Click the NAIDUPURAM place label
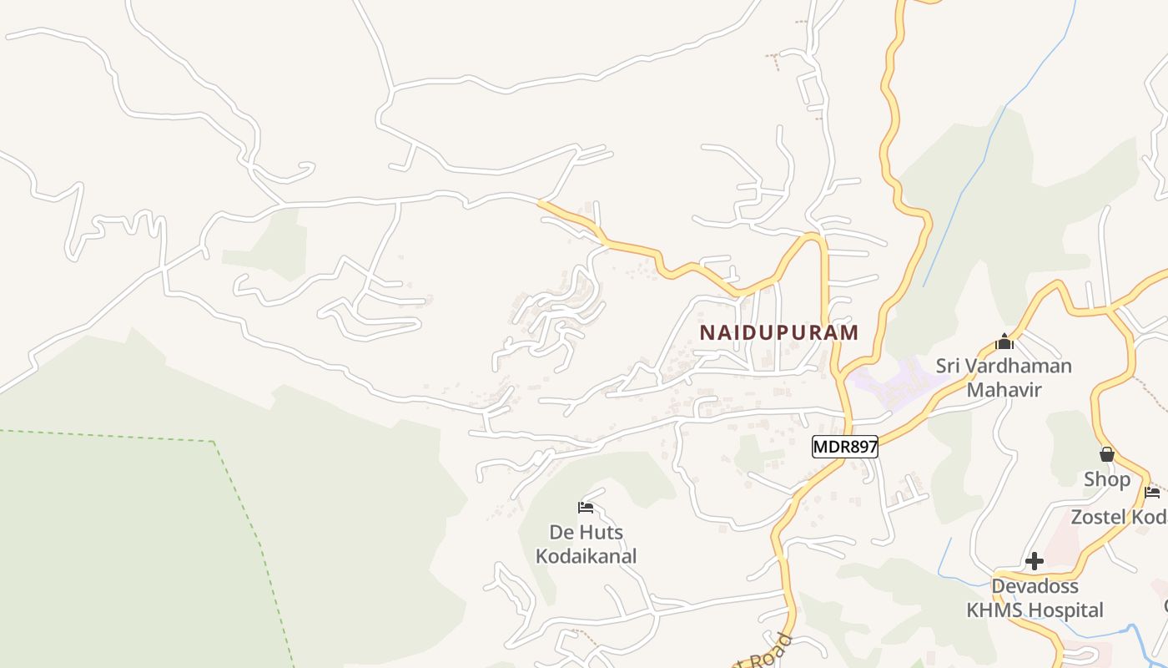coord(778,332)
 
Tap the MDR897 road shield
coord(845,447)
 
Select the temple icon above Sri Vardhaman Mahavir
coord(1004,342)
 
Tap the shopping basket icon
coord(1107,454)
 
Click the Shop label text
coord(1107,479)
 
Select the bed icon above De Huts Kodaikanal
coord(586,507)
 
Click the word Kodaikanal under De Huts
coord(586,556)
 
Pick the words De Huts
coord(586,533)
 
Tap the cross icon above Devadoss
coord(1035,561)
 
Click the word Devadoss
coord(1035,586)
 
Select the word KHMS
coord(995,610)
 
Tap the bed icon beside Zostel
coord(1152,492)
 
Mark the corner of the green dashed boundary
coord(214,441)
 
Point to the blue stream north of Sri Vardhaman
coord(968,184)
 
